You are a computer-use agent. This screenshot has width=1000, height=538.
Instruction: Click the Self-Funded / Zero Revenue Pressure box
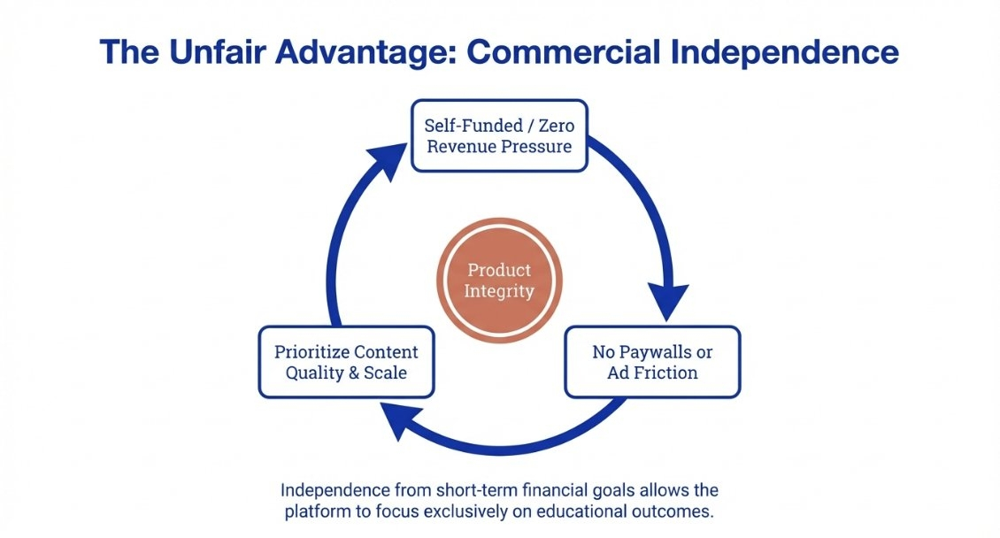click(x=499, y=134)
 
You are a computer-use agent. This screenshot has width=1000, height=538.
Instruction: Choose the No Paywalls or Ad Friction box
click(x=652, y=362)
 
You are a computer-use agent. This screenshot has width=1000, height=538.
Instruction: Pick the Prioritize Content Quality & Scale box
click(x=346, y=362)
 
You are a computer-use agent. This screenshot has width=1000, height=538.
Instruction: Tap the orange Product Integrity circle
click(x=499, y=281)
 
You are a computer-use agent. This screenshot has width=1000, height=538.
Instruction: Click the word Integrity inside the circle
click(x=499, y=290)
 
